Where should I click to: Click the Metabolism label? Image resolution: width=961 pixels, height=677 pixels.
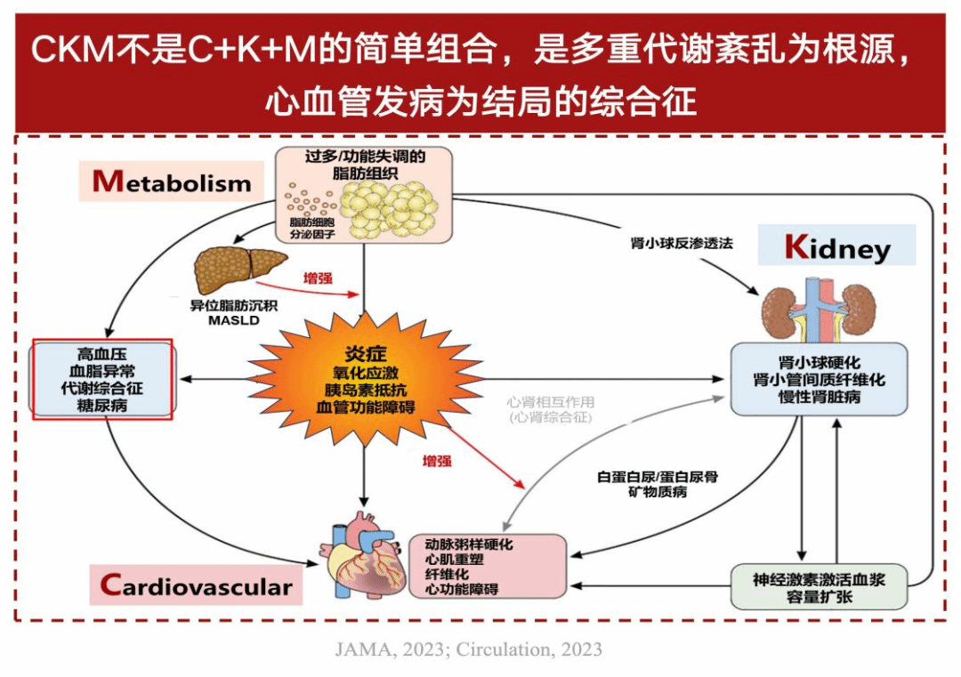tap(173, 182)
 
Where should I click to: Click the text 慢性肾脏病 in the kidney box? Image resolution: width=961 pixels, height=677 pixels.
tap(819, 398)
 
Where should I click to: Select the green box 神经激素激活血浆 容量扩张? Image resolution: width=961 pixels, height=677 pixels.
tap(819, 587)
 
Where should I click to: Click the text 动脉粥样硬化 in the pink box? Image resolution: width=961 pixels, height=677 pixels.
tap(469, 544)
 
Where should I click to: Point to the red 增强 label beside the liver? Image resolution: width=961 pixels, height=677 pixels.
tap(318, 278)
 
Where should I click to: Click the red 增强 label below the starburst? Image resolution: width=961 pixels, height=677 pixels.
tap(436, 461)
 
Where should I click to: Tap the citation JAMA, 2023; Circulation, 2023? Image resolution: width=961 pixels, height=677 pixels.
tap(468, 649)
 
